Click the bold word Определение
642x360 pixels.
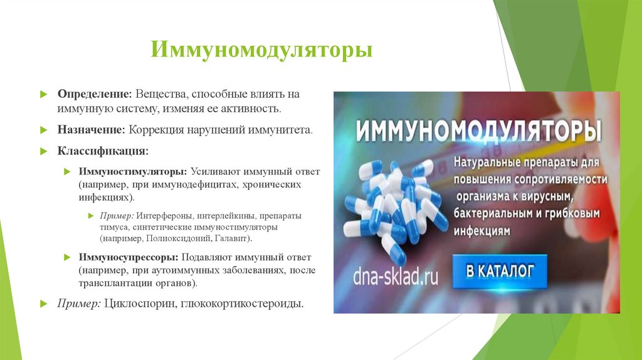click(x=94, y=93)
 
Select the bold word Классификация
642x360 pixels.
click(x=103, y=151)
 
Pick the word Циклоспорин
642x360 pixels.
click(x=138, y=304)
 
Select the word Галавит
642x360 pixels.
click(x=229, y=239)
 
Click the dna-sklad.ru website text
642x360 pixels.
click(x=395, y=276)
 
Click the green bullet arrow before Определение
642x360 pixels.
click(x=43, y=94)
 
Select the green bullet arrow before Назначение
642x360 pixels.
click(x=43, y=130)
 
